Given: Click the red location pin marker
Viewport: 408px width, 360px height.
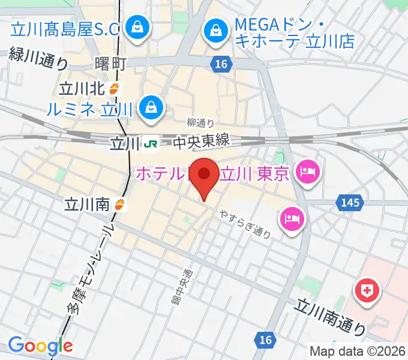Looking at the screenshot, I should coord(205,176).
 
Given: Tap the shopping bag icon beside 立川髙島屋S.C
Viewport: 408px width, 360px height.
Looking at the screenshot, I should coord(138,27).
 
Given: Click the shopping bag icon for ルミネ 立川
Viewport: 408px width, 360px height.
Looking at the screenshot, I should coord(149,108).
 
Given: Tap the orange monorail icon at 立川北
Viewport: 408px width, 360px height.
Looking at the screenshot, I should coord(115,89).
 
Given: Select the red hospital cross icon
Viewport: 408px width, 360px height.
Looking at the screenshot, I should coord(368,292).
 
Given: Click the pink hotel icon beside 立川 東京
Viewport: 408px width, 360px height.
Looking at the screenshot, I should coord(308,173).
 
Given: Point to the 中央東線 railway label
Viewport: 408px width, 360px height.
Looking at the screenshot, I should coord(202,142).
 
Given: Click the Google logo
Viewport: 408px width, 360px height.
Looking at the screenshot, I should coord(40,346).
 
